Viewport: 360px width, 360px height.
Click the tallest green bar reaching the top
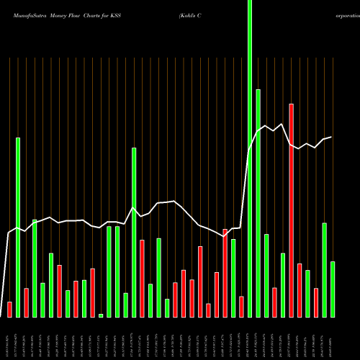(x=250, y=158)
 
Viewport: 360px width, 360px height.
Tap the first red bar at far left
(x=9, y=309)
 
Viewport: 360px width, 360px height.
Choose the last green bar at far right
(x=333, y=289)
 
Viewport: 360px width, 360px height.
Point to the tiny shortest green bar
(x=101, y=315)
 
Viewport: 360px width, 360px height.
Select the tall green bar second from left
(x=18, y=227)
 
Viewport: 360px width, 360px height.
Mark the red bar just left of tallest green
(x=241, y=307)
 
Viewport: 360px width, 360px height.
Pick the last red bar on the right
(x=316, y=302)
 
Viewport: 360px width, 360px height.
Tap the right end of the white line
(x=331, y=137)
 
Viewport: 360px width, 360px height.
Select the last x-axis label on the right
(x=333, y=338)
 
